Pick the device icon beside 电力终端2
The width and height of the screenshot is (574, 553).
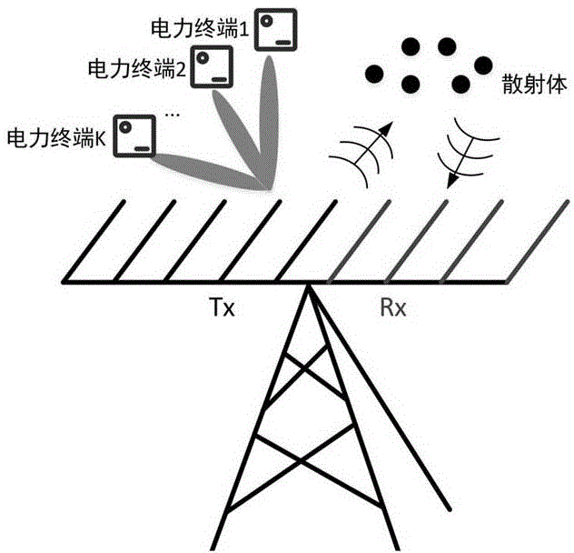(x=214, y=66)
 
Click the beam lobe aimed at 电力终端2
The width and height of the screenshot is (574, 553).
(x=238, y=136)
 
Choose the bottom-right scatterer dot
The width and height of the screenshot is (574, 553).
(x=460, y=85)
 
